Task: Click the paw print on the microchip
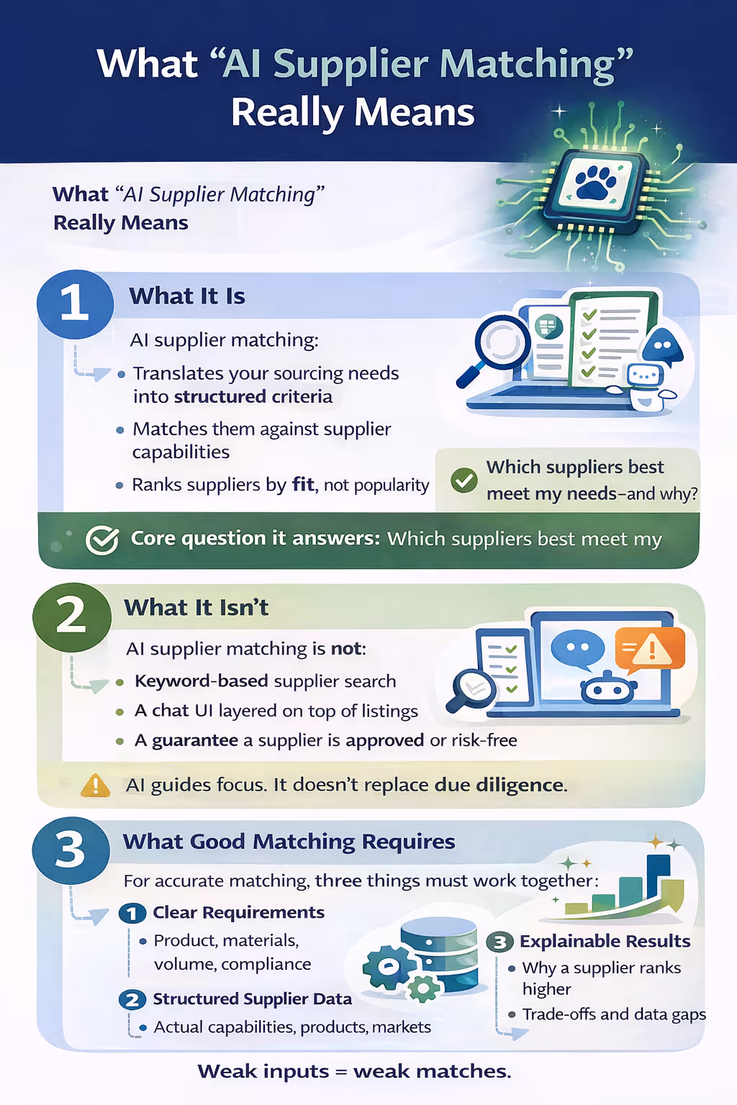coord(595,182)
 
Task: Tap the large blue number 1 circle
coord(75,304)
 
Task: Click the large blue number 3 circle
coord(71,850)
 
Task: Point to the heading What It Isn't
coord(196,608)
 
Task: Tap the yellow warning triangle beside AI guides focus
coord(95,785)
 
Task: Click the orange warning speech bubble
coord(649,649)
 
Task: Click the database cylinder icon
coord(439,953)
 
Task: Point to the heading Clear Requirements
coord(238,913)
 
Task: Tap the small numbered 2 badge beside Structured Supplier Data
coord(132,1000)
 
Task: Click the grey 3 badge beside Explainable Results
coord(499,942)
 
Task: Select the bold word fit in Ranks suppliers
coord(303,484)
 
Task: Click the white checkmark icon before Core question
coord(101,540)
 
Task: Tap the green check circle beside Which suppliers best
coord(464,480)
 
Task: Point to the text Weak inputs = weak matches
coord(354,1071)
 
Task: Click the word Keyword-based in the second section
coord(201,681)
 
